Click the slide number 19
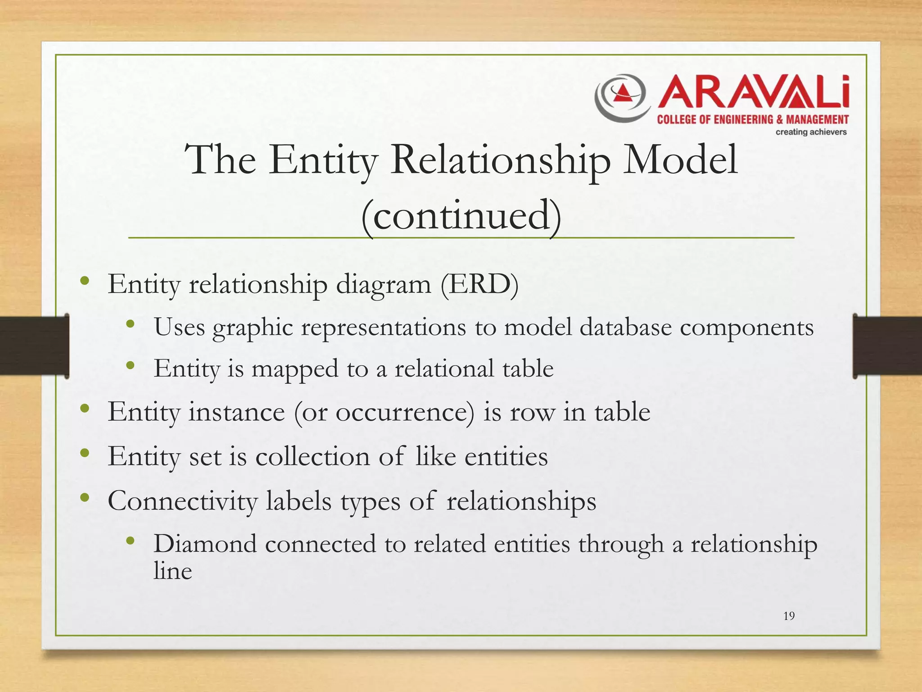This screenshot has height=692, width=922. pyautogui.click(x=789, y=616)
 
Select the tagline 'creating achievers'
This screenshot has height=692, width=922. pyautogui.click(x=811, y=132)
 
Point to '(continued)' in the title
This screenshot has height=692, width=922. pyautogui.click(x=461, y=215)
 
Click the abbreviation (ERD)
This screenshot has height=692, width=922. pyautogui.click(x=479, y=284)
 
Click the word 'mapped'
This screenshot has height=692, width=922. pyautogui.click(x=295, y=369)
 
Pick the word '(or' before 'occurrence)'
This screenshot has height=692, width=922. pyautogui.click(x=311, y=412)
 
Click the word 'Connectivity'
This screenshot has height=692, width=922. pyautogui.click(x=182, y=501)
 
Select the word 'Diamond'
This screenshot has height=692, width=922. pyautogui.click(x=205, y=543)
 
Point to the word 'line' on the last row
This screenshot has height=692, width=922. pyautogui.click(x=172, y=571)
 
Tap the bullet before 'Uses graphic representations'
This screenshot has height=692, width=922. pyautogui.click(x=131, y=324)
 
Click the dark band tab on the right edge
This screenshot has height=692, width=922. pyautogui.click(x=887, y=346)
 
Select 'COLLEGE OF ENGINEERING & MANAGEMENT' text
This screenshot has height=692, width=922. pyautogui.click(x=753, y=119)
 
